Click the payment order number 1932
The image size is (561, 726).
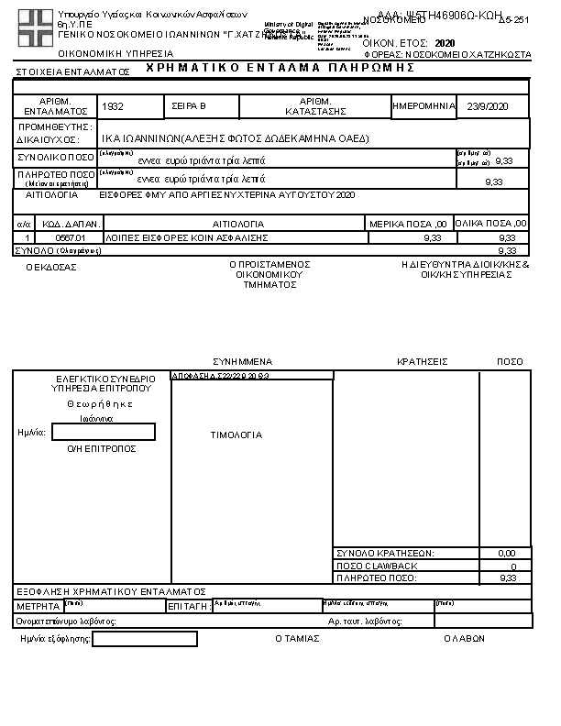click(x=114, y=107)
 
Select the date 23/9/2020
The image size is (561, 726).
click(x=486, y=106)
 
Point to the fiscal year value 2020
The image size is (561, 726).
click(x=445, y=43)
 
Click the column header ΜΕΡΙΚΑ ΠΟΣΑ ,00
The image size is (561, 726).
click(x=408, y=224)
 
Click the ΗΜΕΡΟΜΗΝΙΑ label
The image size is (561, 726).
click(x=423, y=106)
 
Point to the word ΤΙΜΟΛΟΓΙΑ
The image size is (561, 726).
click(x=236, y=435)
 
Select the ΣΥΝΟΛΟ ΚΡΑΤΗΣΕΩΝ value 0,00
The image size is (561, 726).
click(x=506, y=554)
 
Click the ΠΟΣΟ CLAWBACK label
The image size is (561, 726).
click(x=377, y=566)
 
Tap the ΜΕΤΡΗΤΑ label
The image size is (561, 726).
click(x=38, y=608)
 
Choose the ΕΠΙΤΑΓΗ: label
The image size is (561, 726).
click(x=190, y=608)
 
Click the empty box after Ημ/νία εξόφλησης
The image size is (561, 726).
click(x=144, y=639)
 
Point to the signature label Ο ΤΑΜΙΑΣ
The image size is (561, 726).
click(x=298, y=639)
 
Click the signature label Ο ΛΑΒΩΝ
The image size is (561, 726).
click(x=464, y=639)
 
